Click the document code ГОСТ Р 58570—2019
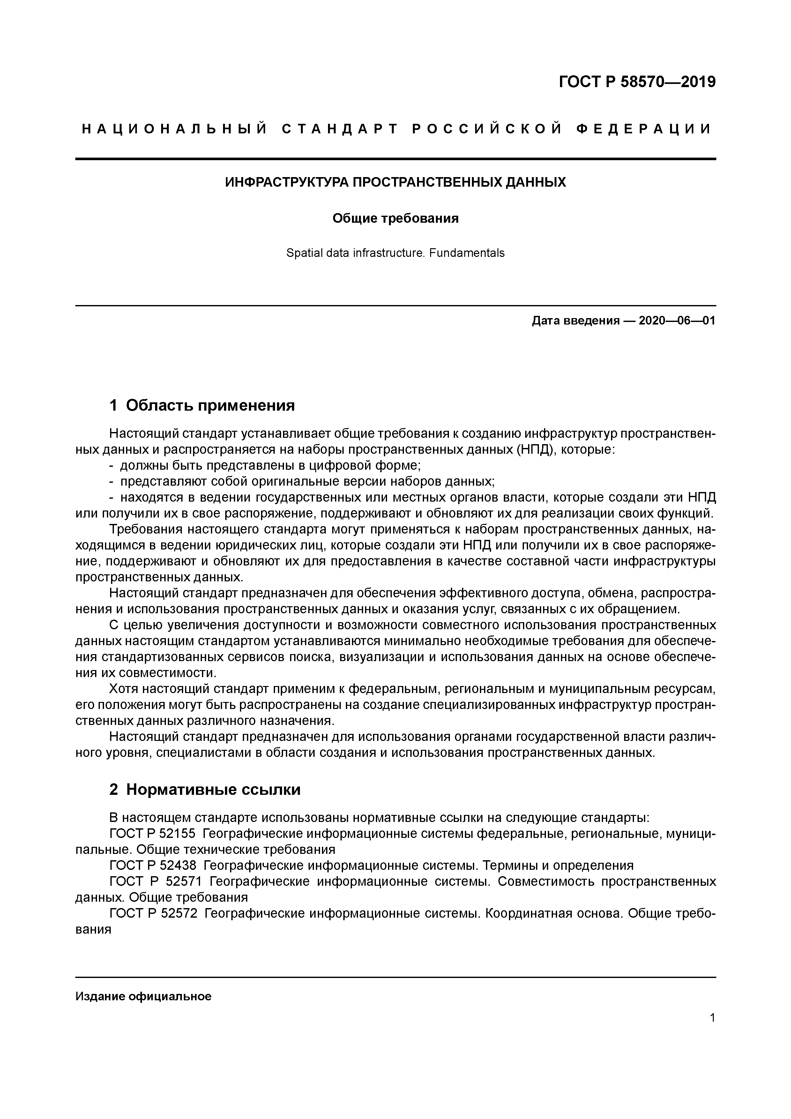(x=637, y=82)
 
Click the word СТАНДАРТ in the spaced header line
(x=340, y=129)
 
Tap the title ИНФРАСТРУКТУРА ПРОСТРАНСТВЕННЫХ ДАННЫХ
(x=395, y=182)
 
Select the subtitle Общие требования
(x=395, y=218)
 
